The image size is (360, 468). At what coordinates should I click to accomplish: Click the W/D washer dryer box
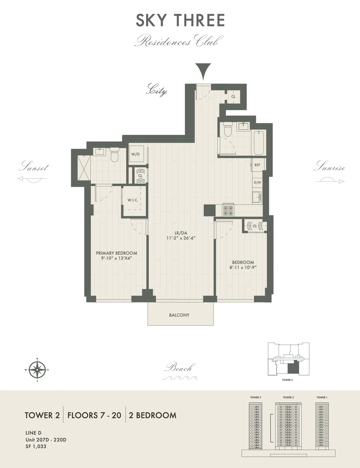(x=136, y=154)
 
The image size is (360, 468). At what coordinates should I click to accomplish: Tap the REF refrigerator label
(x=257, y=165)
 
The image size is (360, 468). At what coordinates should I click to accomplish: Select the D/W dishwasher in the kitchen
(x=257, y=183)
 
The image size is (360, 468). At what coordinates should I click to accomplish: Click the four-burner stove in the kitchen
(x=229, y=210)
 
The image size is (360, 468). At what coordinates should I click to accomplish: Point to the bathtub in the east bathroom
(x=259, y=143)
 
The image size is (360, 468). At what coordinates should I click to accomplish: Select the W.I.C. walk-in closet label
(x=133, y=200)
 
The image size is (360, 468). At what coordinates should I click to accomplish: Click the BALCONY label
(x=179, y=315)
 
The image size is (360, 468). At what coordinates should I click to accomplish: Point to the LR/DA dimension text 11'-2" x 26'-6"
(x=181, y=238)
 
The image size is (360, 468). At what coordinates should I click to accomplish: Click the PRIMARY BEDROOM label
(x=116, y=253)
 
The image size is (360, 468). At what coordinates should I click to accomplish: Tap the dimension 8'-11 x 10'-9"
(x=243, y=267)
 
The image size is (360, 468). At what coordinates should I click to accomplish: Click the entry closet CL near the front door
(x=233, y=96)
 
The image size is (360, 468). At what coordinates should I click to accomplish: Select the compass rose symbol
(x=37, y=370)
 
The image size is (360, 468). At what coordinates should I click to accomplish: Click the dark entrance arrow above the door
(x=203, y=70)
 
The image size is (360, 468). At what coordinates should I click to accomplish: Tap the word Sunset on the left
(x=34, y=167)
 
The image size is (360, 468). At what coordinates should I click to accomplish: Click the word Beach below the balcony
(x=178, y=368)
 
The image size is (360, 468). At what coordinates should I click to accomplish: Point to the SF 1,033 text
(x=36, y=446)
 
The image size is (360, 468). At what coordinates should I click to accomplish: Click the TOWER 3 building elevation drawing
(x=256, y=426)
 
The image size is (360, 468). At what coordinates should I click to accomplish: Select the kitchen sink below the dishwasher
(x=256, y=197)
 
